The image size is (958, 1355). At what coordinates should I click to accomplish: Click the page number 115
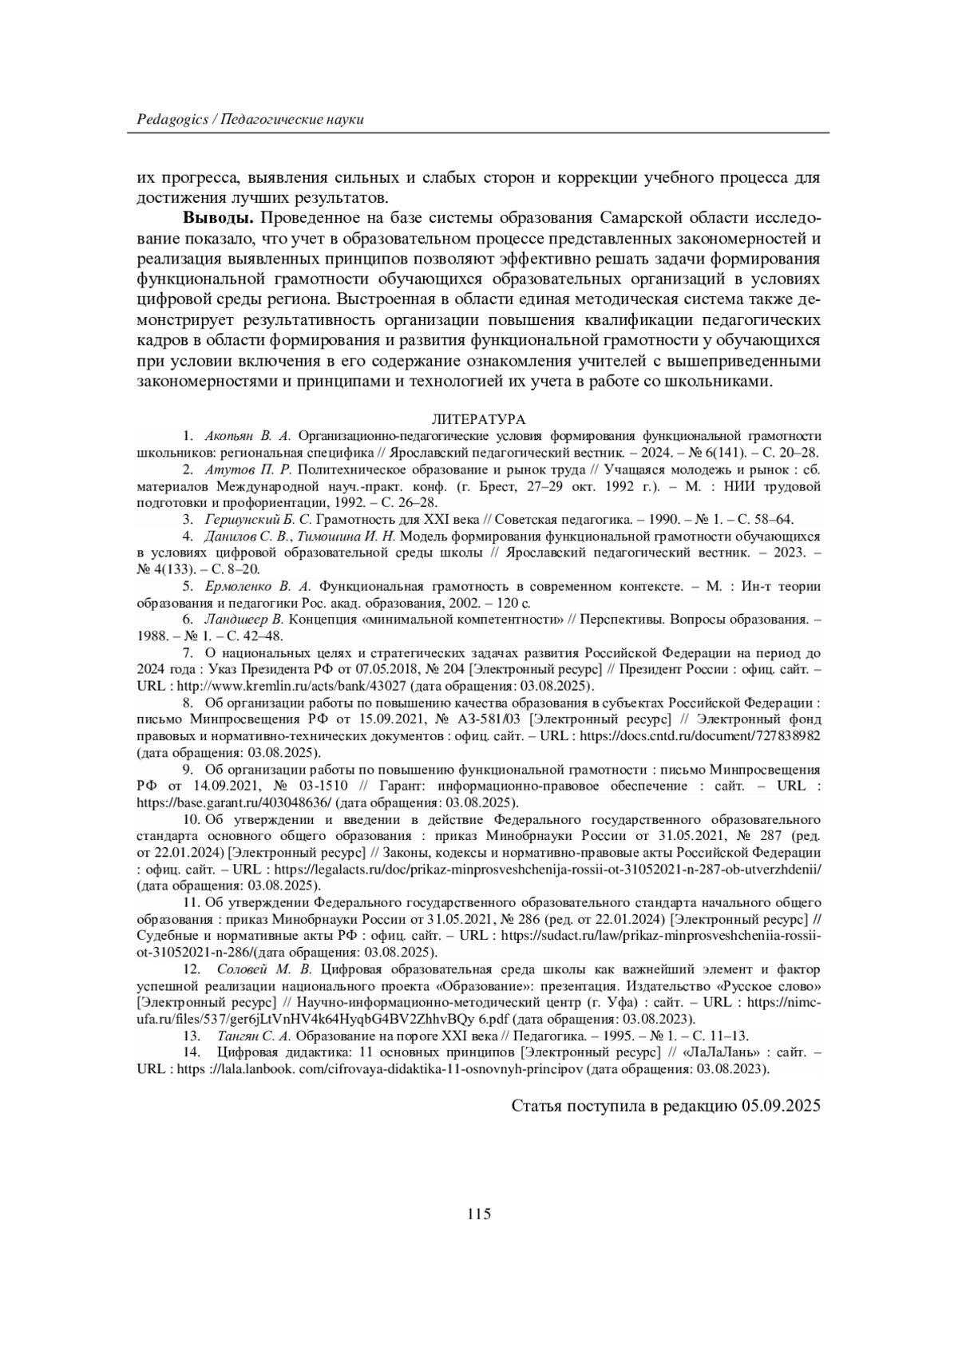[x=478, y=1214]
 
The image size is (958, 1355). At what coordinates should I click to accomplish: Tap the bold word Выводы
[x=219, y=219]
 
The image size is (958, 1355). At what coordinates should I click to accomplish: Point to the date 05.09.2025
[x=780, y=1106]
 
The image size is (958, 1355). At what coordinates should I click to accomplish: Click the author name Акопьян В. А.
[x=248, y=436]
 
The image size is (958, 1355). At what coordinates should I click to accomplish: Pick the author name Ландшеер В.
[x=244, y=619]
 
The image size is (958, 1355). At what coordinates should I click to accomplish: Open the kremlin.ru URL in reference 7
[x=292, y=686]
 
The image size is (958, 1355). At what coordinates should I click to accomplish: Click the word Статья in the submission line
[x=536, y=1106]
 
